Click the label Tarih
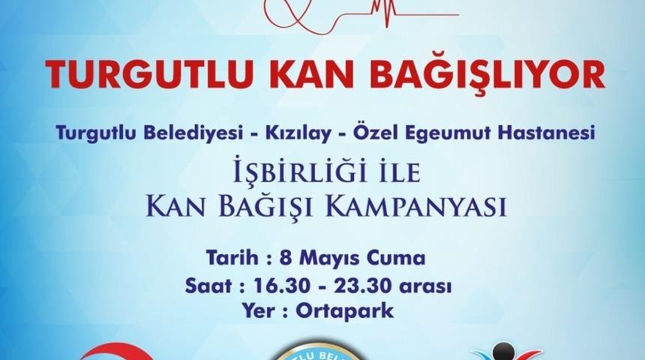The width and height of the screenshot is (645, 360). point(229,259)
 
